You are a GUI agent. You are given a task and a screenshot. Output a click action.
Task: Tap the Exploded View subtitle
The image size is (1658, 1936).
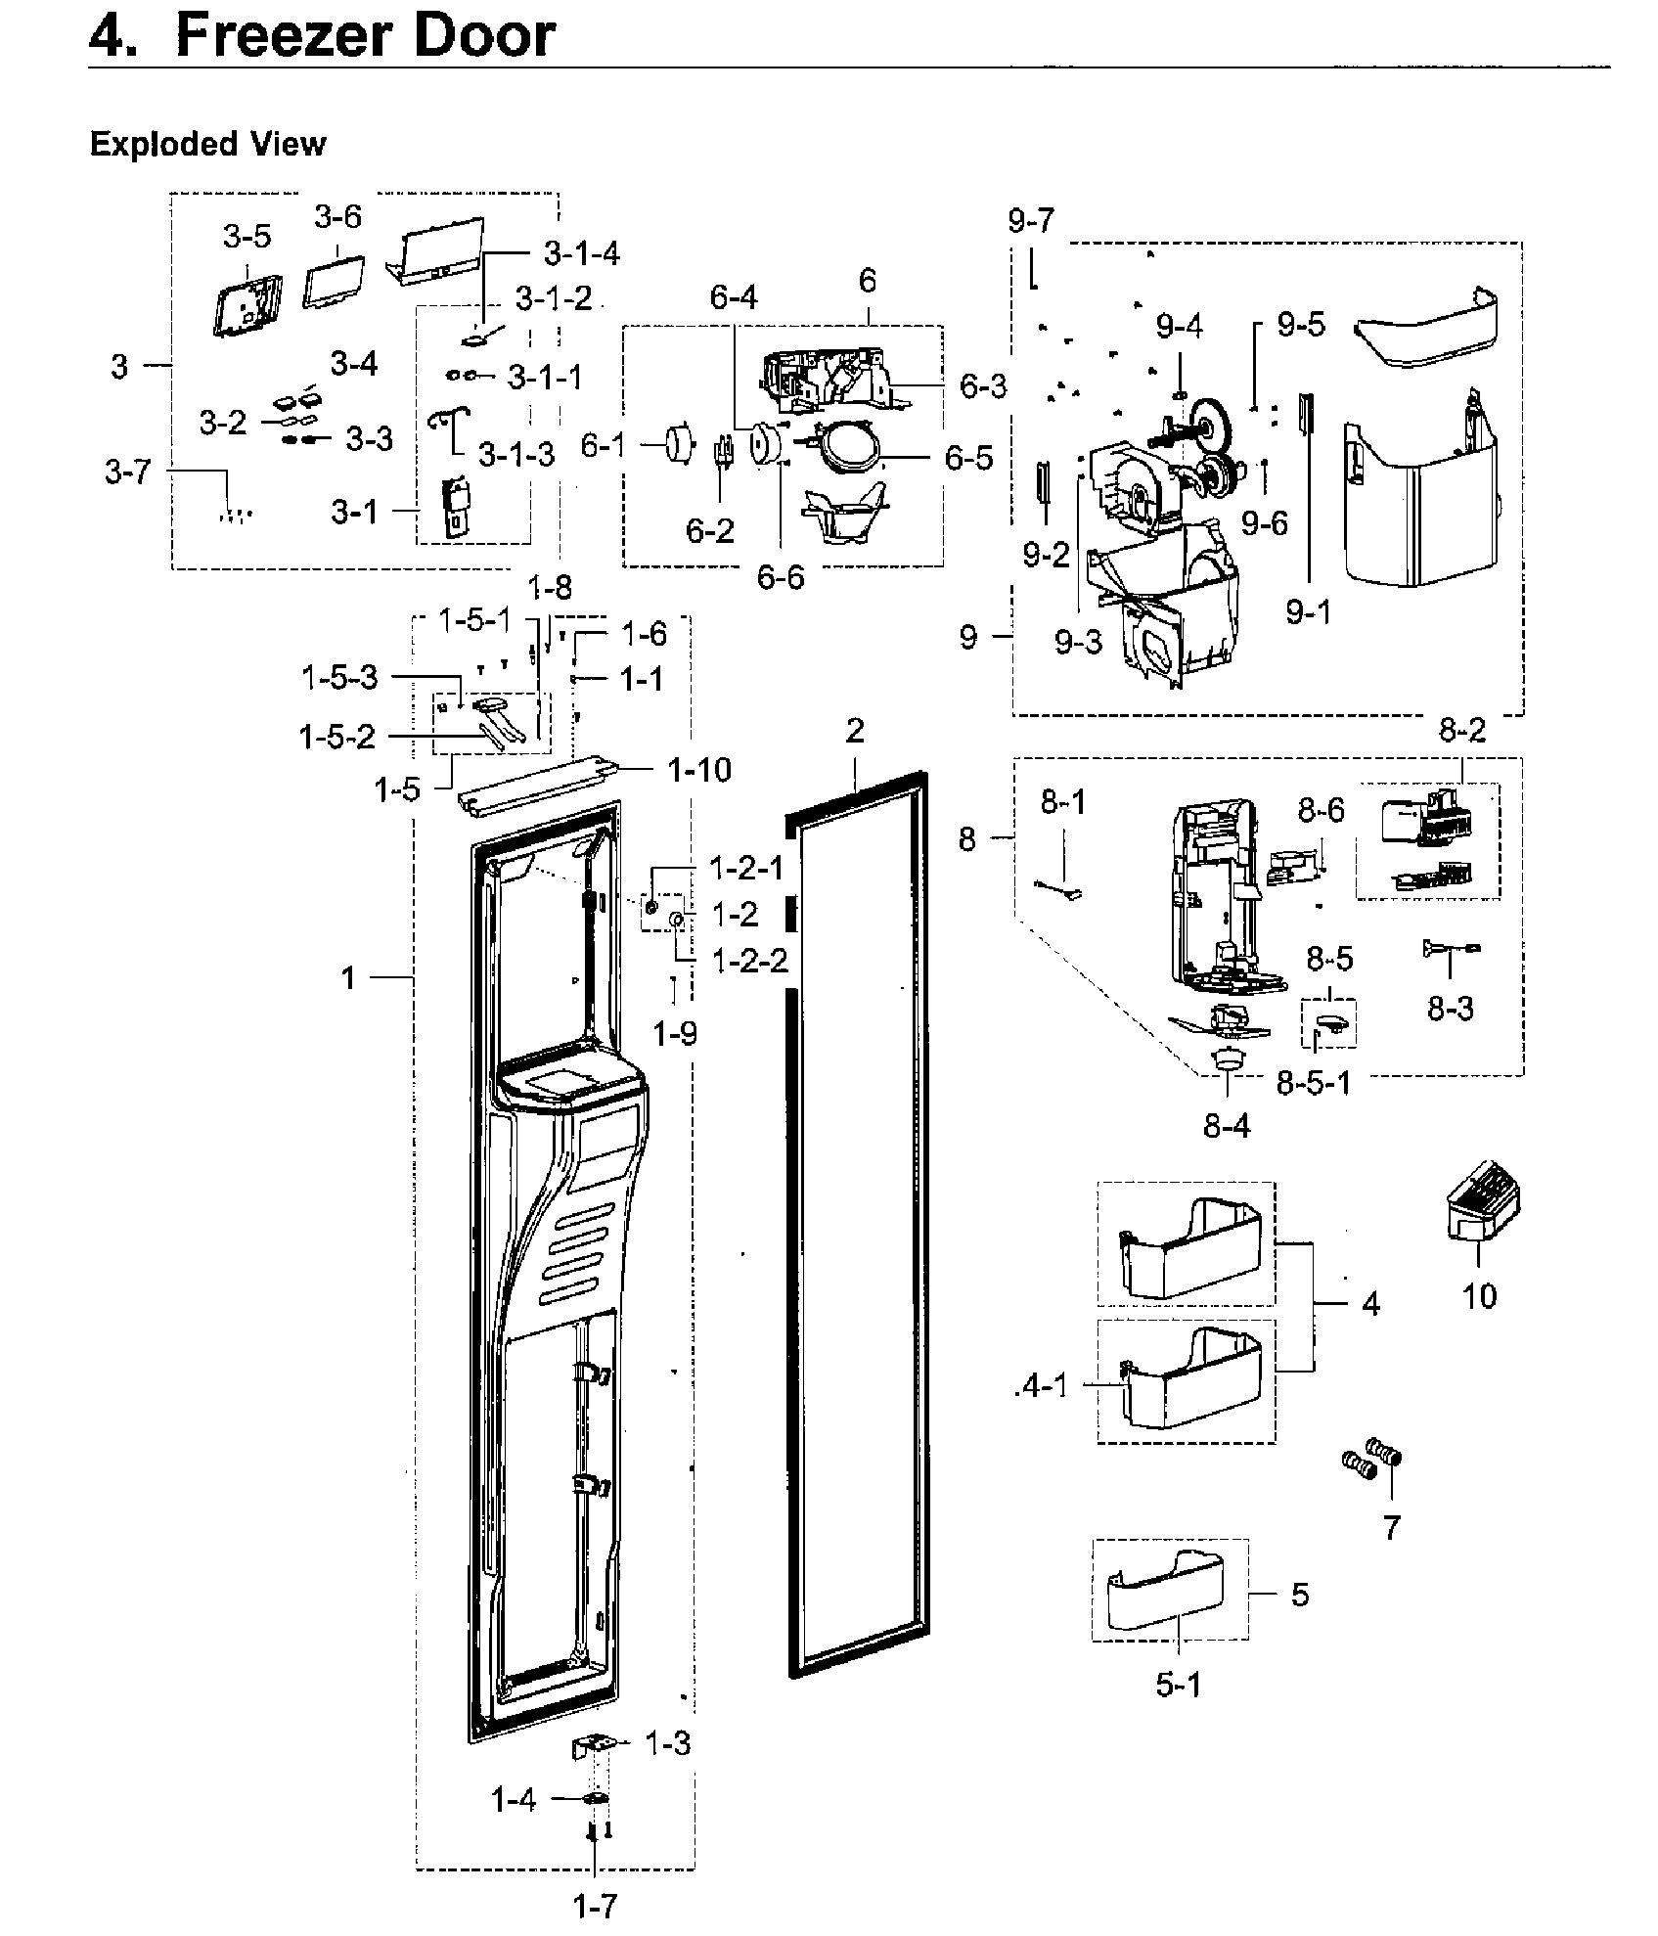[207, 145]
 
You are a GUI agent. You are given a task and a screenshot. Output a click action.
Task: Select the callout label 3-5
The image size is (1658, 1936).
[246, 236]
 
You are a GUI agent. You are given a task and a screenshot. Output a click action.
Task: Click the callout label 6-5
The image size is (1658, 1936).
[968, 457]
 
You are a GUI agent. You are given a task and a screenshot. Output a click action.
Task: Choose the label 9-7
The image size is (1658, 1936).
[1031, 221]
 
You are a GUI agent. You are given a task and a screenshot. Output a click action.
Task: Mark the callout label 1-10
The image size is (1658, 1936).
[699, 770]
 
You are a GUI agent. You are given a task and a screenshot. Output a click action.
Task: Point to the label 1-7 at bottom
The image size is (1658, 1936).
[595, 1905]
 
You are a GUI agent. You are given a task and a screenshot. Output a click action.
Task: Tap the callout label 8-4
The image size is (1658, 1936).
[1227, 1126]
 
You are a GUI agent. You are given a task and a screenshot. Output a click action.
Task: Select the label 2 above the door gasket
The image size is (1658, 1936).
[855, 731]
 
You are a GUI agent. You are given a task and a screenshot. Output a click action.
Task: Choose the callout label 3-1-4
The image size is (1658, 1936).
[582, 254]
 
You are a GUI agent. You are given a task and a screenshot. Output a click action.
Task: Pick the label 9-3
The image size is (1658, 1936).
[1078, 642]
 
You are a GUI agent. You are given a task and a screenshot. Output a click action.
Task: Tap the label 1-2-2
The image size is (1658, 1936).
[749, 961]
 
